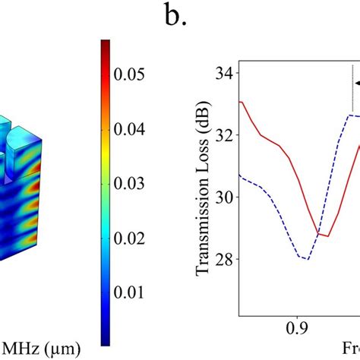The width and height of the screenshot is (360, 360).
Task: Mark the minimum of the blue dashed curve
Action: pyautogui.click(x=305, y=260)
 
